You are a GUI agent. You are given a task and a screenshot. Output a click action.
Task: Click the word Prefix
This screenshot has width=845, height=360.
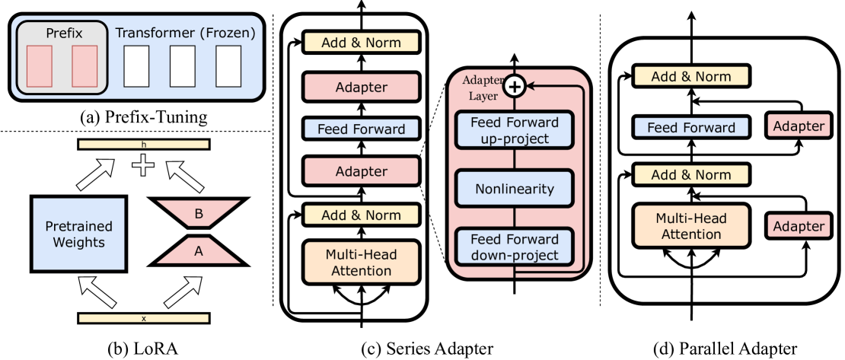pyautogui.click(x=64, y=33)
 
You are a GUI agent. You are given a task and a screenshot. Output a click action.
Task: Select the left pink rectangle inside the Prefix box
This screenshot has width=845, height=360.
pyautogui.click(x=40, y=66)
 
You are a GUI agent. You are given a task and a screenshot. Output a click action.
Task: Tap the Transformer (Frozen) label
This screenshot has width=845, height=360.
pyautogui.click(x=185, y=33)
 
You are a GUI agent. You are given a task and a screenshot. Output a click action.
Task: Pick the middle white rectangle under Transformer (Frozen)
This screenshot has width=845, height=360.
pyautogui.click(x=183, y=66)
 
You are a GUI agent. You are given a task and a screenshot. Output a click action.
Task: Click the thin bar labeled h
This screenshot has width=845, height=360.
pyautogui.click(x=143, y=144)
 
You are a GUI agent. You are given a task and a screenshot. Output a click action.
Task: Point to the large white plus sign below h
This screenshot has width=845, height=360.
pyautogui.click(x=143, y=165)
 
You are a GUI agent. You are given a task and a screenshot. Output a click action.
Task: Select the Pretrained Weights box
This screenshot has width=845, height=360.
pyautogui.click(x=78, y=234)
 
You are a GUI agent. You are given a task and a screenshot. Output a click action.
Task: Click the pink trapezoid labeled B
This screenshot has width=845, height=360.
pyautogui.click(x=199, y=214)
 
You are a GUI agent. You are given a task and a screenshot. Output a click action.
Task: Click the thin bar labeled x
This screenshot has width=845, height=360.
pyautogui.click(x=143, y=318)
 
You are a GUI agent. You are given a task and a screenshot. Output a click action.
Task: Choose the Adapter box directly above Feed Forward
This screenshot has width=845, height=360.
pyautogui.click(x=361, y=88)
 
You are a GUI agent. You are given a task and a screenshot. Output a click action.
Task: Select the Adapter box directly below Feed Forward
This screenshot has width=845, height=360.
pyautogui.click(x=361, y=172)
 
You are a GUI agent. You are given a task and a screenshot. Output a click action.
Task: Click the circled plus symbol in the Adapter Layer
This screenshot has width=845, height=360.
pyautogui.click(x=515, y=87)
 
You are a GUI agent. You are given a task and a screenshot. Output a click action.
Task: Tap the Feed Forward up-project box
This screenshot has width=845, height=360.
pyautogui.click(x=514, y=130)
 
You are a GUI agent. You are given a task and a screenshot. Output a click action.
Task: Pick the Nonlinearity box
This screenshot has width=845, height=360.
pyautogui.click(x=514, y=188)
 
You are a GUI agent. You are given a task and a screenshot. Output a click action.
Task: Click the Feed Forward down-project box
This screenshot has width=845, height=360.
pyautogui.click(x=514, y=247)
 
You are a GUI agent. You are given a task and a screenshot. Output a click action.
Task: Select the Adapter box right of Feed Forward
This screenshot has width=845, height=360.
pyautogui.click(x=798, y=126)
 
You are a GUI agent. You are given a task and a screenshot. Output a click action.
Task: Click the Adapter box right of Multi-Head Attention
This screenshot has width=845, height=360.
pyautogui.click(x=798, y=226)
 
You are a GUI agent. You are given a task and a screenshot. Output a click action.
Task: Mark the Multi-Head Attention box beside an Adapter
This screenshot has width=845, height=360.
pyautogui.click(x=691, y=226)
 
